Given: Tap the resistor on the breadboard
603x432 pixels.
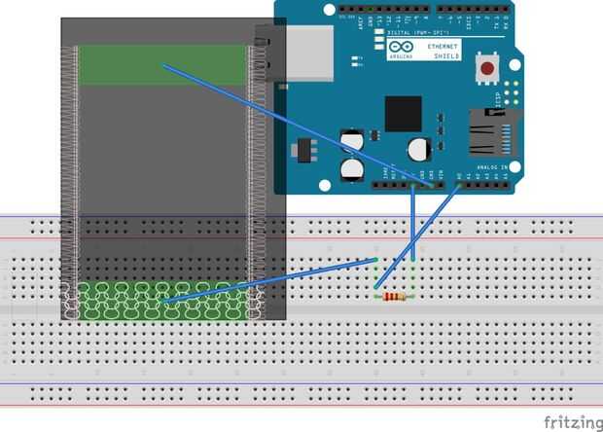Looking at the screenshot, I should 394,297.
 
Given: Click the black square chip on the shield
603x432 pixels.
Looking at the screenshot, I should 403,113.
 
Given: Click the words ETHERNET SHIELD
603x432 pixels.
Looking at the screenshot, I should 443,51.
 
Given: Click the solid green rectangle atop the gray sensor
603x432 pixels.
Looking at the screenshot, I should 160,64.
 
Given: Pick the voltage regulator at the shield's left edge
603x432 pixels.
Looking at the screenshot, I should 305,152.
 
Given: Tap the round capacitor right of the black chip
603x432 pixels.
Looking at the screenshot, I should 418,148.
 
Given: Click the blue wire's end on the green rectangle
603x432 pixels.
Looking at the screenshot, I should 164,65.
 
